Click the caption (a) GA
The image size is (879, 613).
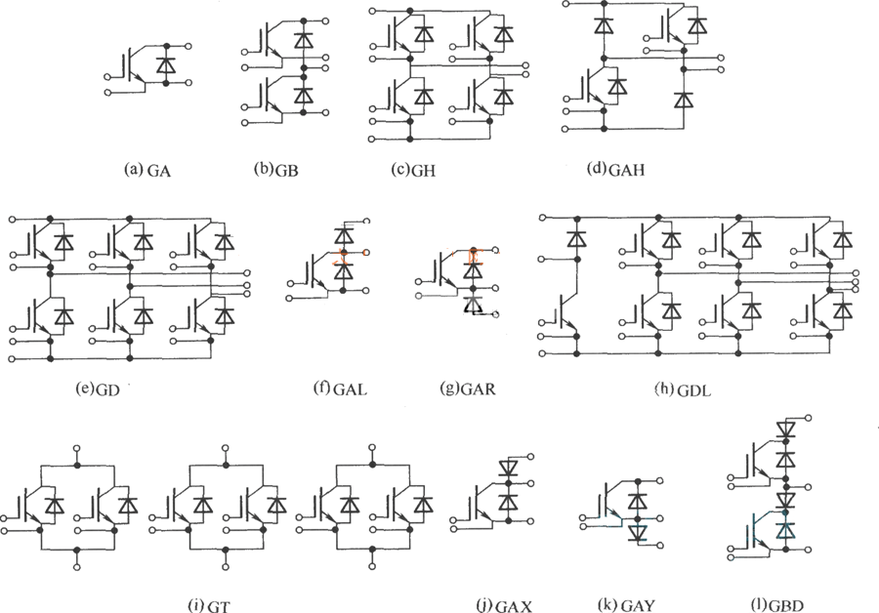coord(146,170)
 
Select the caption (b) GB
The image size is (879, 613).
coord(275,169)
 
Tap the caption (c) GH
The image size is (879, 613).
coord(413,169)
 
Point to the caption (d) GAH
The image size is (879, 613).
coord(615,169)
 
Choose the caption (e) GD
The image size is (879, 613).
coord(98,388)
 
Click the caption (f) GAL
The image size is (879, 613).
coord(340,388)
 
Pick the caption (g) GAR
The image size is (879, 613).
coord(468,388)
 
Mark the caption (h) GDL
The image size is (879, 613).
coord(683,389)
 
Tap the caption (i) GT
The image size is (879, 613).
coord(209,605)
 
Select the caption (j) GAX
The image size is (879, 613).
coord(503,605)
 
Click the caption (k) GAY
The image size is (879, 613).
coord(626,604)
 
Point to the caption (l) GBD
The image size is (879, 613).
coord(777,604)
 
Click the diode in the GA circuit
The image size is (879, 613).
coord(166,64)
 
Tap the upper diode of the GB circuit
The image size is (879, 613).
coord(304,40)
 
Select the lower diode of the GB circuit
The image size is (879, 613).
coord(304,95)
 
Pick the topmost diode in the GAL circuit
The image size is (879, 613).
coord(344,235)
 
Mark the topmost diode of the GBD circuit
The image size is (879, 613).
coord(786,429)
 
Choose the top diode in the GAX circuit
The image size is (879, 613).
coord(509,467)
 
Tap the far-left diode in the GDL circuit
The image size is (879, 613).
coord(576,239)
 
